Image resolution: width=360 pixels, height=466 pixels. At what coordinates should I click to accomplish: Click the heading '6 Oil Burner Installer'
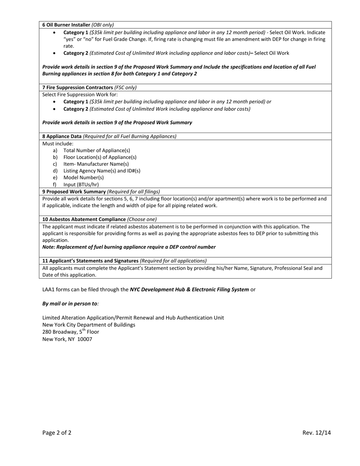[66, 25]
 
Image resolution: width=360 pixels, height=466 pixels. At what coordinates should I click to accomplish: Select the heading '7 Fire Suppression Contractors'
[78, 88]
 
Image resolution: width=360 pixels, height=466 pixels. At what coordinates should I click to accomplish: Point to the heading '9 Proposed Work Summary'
[74, 192]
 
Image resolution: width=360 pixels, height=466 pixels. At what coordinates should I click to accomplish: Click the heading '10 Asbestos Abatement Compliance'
[84, 219]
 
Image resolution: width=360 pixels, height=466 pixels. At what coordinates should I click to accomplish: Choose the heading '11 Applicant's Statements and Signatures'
[90, 261]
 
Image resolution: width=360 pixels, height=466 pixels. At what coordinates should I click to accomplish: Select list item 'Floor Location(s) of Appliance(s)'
[100, 157]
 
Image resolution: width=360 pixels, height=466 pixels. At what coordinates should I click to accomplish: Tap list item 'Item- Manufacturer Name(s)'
[96, 164]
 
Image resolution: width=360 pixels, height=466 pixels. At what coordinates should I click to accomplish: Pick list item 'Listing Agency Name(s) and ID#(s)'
[102, 171]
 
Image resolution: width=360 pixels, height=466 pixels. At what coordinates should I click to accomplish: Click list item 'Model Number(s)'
[83, 178]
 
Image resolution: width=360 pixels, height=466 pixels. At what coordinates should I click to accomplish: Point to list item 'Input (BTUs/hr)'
[81, 185]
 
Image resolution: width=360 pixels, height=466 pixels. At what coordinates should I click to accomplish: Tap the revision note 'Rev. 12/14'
[316, 433]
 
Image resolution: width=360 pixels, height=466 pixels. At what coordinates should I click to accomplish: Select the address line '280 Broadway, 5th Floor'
[70, 332]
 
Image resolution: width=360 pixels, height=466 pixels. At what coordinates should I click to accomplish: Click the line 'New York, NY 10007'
[67, 339]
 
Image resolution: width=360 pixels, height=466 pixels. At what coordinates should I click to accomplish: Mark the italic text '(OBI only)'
[103, 25]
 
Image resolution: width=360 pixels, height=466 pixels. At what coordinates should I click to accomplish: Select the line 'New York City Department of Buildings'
[89, 325]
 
